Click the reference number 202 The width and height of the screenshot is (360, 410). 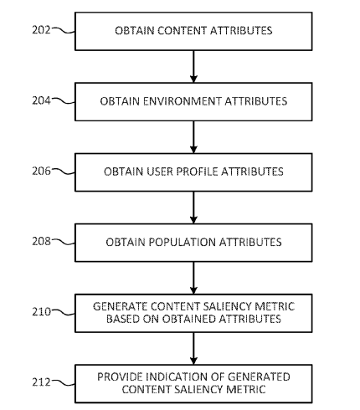click(x=41, y=29)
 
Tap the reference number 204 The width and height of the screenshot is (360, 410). click(x=41, y=100)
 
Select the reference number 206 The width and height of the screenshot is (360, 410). click(x=41, y=171)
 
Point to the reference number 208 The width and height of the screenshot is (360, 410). click(x=41, y=241)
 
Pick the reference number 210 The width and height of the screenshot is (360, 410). click(x=41, y=311)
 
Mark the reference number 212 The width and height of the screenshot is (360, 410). click(x=41, y=382)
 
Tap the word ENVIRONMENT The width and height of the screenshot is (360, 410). click(x=183, y=101)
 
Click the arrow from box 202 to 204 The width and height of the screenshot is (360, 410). click(x=193, y=66)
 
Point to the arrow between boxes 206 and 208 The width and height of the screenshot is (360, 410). click(x=193, y=208)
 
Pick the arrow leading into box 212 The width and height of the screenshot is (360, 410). click(x=193, y=348)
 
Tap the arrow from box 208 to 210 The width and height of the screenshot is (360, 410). click(x=193, y=278)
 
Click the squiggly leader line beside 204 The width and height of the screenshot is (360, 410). click(x=64, y=100)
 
